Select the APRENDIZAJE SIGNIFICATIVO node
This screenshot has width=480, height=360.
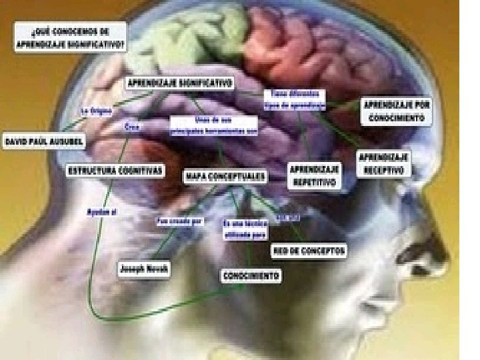click(179, 83)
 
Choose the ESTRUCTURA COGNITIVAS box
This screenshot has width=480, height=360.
click(115, 171)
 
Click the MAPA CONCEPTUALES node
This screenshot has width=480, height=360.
click(225, 177)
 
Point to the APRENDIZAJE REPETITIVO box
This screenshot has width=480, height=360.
click(315, 175)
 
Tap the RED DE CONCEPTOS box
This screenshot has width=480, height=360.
click(309, 251)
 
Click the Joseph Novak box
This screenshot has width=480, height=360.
click(145, 269)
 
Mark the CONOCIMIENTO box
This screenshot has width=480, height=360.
click(251, 275)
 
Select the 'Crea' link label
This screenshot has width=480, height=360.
click(131, 127)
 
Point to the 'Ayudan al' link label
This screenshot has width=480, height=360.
click(101, 212)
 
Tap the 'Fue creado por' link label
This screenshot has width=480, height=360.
click(179, 221)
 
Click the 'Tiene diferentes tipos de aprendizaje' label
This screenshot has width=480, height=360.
click(294, 100)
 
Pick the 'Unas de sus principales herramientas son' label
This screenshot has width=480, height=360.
click(213, 125)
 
